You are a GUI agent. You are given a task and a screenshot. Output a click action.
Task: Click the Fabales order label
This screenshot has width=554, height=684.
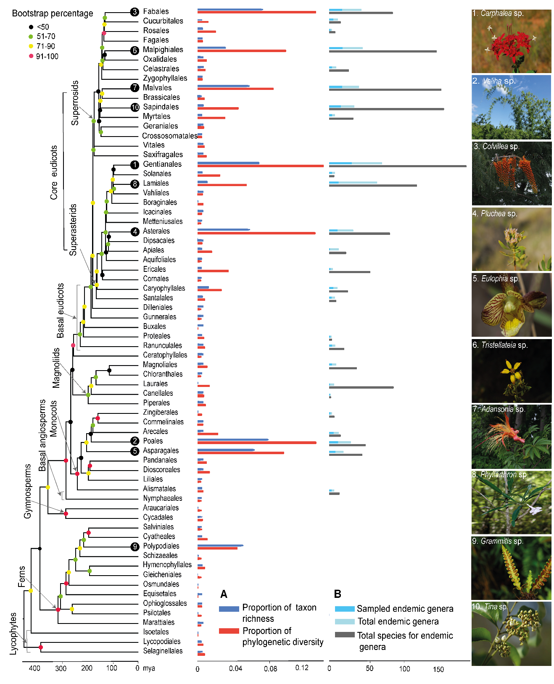[156, 11]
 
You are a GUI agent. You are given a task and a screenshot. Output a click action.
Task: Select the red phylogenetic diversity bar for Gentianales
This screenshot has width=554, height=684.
[260, 166]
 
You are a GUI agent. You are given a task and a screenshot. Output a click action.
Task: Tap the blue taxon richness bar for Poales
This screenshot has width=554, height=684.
[233, 440]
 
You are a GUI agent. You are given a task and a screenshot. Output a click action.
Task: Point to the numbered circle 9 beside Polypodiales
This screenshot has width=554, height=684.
[135, 547]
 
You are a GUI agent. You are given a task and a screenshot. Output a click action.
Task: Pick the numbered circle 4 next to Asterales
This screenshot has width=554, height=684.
[135, 232]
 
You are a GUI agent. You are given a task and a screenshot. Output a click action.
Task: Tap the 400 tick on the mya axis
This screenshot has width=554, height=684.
[34, 668]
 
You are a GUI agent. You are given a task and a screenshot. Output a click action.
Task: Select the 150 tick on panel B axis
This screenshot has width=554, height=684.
[438, 669]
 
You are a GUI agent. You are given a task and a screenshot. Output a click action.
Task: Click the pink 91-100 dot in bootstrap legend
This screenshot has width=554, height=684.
[31, 56]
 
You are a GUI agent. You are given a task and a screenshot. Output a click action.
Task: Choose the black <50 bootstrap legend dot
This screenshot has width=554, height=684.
[31, 27]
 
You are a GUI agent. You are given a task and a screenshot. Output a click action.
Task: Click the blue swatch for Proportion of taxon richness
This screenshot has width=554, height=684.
[229, 609]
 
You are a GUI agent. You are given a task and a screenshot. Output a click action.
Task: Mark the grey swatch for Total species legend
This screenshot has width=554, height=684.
[345, 635]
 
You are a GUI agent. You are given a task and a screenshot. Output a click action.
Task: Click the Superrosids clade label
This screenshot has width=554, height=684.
[75, 103]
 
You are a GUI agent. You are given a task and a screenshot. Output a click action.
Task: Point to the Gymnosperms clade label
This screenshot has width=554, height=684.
[28, 491]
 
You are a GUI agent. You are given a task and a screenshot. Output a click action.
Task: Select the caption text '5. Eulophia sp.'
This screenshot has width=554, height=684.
[496, 279]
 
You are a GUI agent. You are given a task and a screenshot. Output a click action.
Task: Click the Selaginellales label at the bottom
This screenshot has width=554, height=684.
[163, 651]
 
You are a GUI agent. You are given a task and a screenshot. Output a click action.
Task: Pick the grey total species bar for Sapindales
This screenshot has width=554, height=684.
[386, 109]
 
